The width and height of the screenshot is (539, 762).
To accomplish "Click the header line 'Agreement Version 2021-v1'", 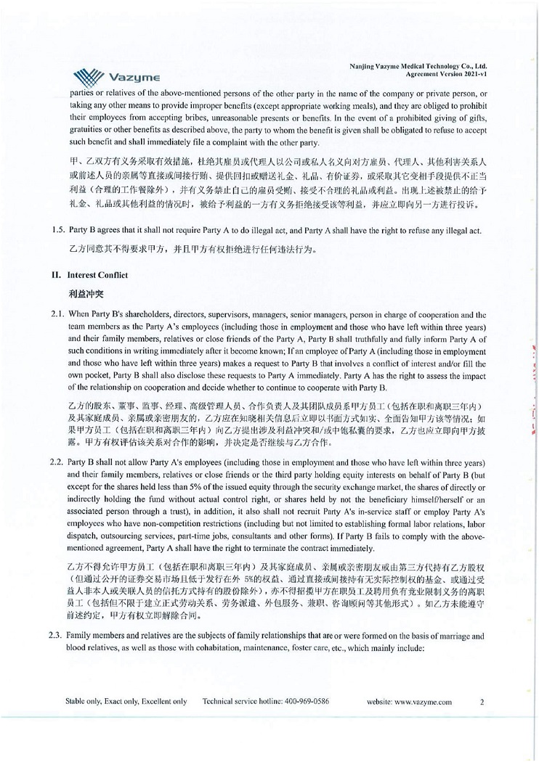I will pos(452,73).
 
